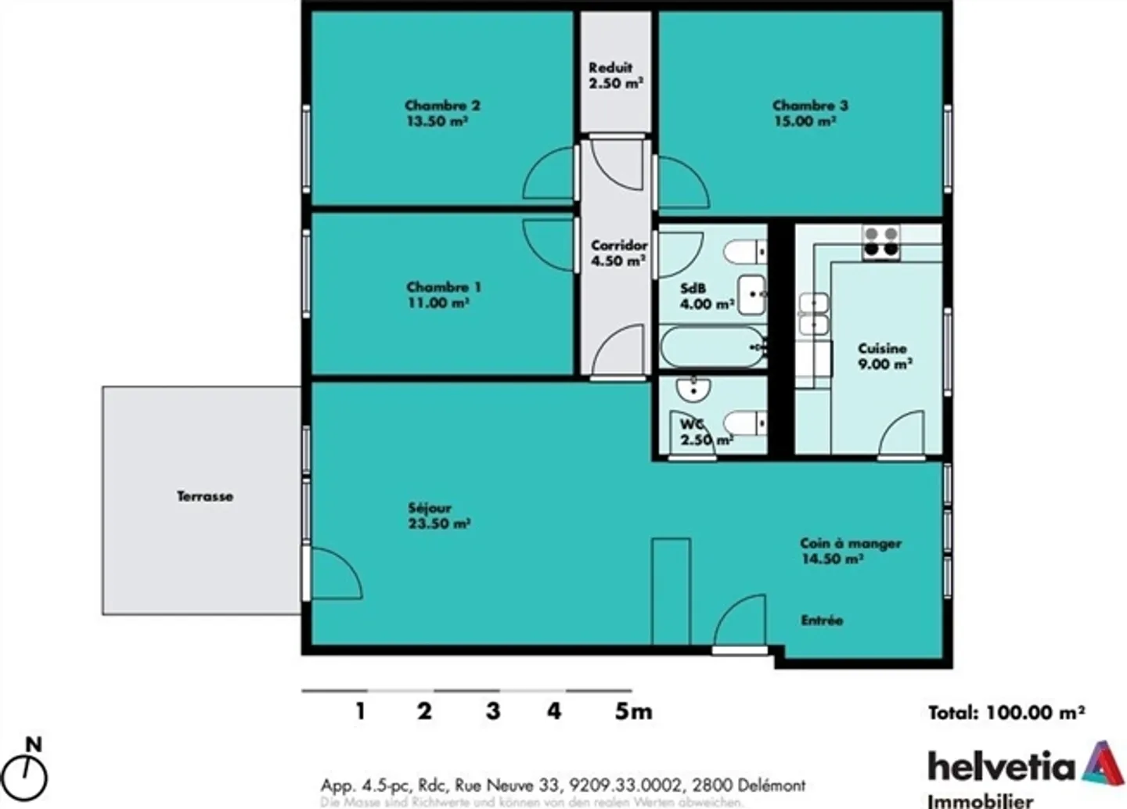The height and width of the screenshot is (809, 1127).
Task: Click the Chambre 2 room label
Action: [x=442, y=106]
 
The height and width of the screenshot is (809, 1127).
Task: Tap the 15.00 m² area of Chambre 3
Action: [x=805, y=121]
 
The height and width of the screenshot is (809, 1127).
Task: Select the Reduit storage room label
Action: [x=610, y=68]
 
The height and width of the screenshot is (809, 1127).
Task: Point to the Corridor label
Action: [x=618, y=246]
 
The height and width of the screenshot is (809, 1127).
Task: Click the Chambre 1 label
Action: [x=444, y=287]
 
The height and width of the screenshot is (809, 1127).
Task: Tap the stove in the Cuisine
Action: [x=880, y=242]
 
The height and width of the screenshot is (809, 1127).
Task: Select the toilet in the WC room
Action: [x=744, y=424]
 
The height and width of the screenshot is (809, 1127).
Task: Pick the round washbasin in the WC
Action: [x=693, y=388]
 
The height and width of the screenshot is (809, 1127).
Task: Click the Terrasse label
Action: [x=204, y=496]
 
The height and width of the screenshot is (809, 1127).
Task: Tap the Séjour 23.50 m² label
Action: [x=438, y=516]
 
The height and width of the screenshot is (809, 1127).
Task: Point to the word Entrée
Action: [x=822, y=620]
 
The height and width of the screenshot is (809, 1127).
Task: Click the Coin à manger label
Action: [x=850, y=543]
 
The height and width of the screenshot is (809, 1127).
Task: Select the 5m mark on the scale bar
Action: [x=632, y=711]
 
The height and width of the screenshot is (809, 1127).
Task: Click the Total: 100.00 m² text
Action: [x=1006, y=713]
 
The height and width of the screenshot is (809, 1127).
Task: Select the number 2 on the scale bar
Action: [x=424, y=711]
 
